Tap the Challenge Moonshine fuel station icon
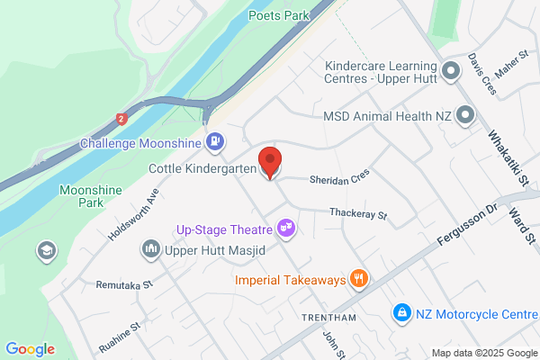tap(215, 141)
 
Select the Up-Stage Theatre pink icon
tap(287, 228)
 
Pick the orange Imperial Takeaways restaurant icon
tap(359, 279)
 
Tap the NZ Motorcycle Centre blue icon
tap(400, 313)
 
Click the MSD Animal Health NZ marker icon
tap(465, 115)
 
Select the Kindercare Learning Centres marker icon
tap(451, 70)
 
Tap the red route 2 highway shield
tap(121, 118)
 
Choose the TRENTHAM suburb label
tap(329, 319)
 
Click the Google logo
tap(30, 349)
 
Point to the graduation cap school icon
tap(43, 249)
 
